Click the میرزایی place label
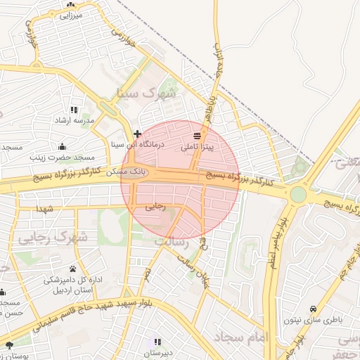pyautogui.click(x=71, y=14)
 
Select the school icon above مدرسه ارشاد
pyautogui.click(x=75, y=110)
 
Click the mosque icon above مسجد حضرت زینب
pyautogui.click(x=63, y=146)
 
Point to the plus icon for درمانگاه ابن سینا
pyautogui.click(x=138, y=133)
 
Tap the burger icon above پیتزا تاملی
pyautogui.click(x=196, y=135)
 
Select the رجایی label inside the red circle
pyautogui.click(x=154, y=207)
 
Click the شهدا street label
pyautogui.click(x=46, y=209)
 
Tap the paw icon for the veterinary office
pyautogui.click(x=73, y=269)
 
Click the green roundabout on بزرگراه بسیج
pyautogui.click(x=298, y=193)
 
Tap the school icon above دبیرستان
pyautogui.click(x=157, y=342)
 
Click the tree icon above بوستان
pyautogui.click(x=9, y=345)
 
